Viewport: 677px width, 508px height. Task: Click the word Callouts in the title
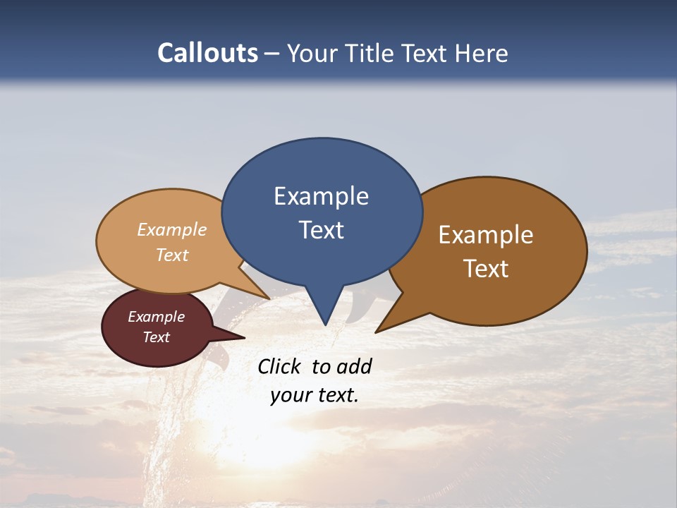point(207,53)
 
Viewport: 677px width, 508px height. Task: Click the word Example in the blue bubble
point(321,196)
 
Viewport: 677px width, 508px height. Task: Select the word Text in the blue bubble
point(321,230)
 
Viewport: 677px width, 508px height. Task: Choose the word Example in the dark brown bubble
point(486,235)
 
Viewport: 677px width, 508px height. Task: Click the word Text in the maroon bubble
point(156,337)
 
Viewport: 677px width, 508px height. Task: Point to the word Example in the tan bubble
point(172,230)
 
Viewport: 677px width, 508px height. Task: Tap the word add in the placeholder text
point(355,366)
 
